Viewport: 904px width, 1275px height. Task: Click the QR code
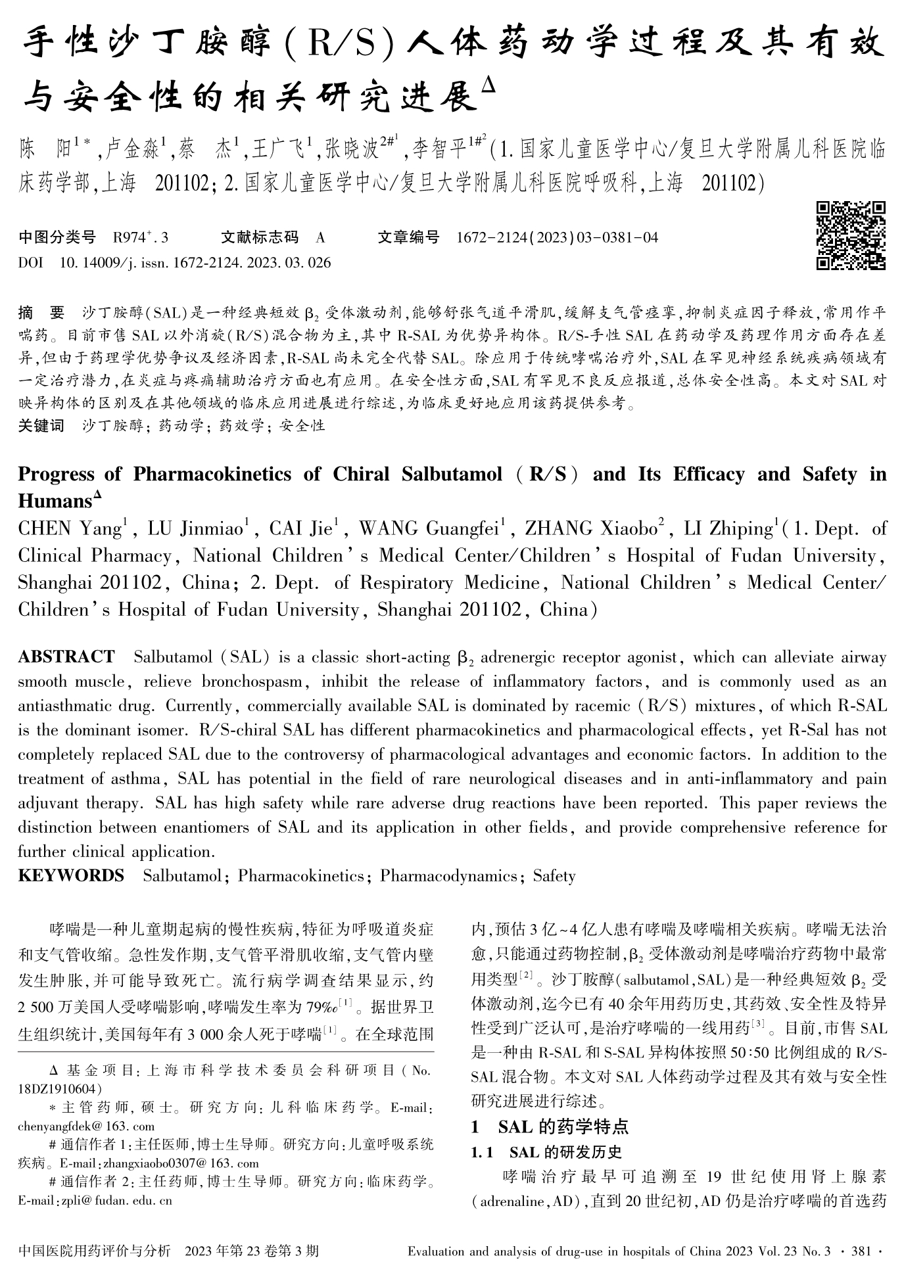pyautogui.click(x=850, y=235)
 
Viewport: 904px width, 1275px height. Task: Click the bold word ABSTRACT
pyautogui.click(x=66, y=657)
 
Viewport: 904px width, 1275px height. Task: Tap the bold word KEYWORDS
pyautogui.click(x=71, y=875)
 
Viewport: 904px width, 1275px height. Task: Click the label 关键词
pyautogui.click(x=41, y=425)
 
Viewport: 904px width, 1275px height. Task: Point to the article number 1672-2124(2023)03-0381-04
pyautogui.click(x=557, y=237)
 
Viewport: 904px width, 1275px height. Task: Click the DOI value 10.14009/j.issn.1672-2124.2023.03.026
pyautogui.click(x=195, y=263)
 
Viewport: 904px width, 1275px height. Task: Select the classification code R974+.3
pyautogui.click(x=141, y=237)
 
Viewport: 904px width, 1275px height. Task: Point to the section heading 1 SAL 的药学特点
pyautogui.click(x=550, y=1126)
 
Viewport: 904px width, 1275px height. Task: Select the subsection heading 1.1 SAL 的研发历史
pyautogui.click(x=547, y=1151)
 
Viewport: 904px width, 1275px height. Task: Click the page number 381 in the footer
pyautogui.click(x=861, y=1251)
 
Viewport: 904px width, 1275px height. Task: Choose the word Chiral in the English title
pyautogui.click(x=364, y=474)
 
